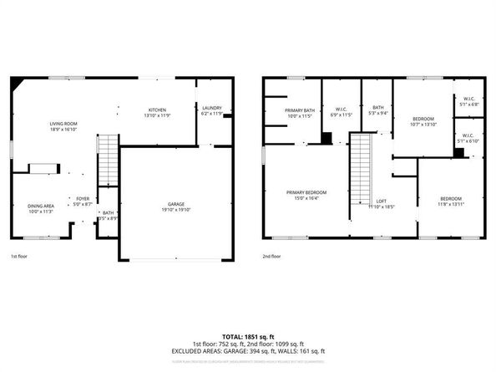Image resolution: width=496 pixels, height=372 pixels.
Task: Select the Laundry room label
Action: (211, 109)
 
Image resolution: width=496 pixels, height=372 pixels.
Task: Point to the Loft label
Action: (380, 202)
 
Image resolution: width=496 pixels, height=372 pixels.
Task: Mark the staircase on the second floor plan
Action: (359, 171)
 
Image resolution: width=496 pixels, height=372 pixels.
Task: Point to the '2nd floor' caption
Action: (271, 257)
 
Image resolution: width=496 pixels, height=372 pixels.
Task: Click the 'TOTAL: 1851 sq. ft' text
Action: (247, 334)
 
